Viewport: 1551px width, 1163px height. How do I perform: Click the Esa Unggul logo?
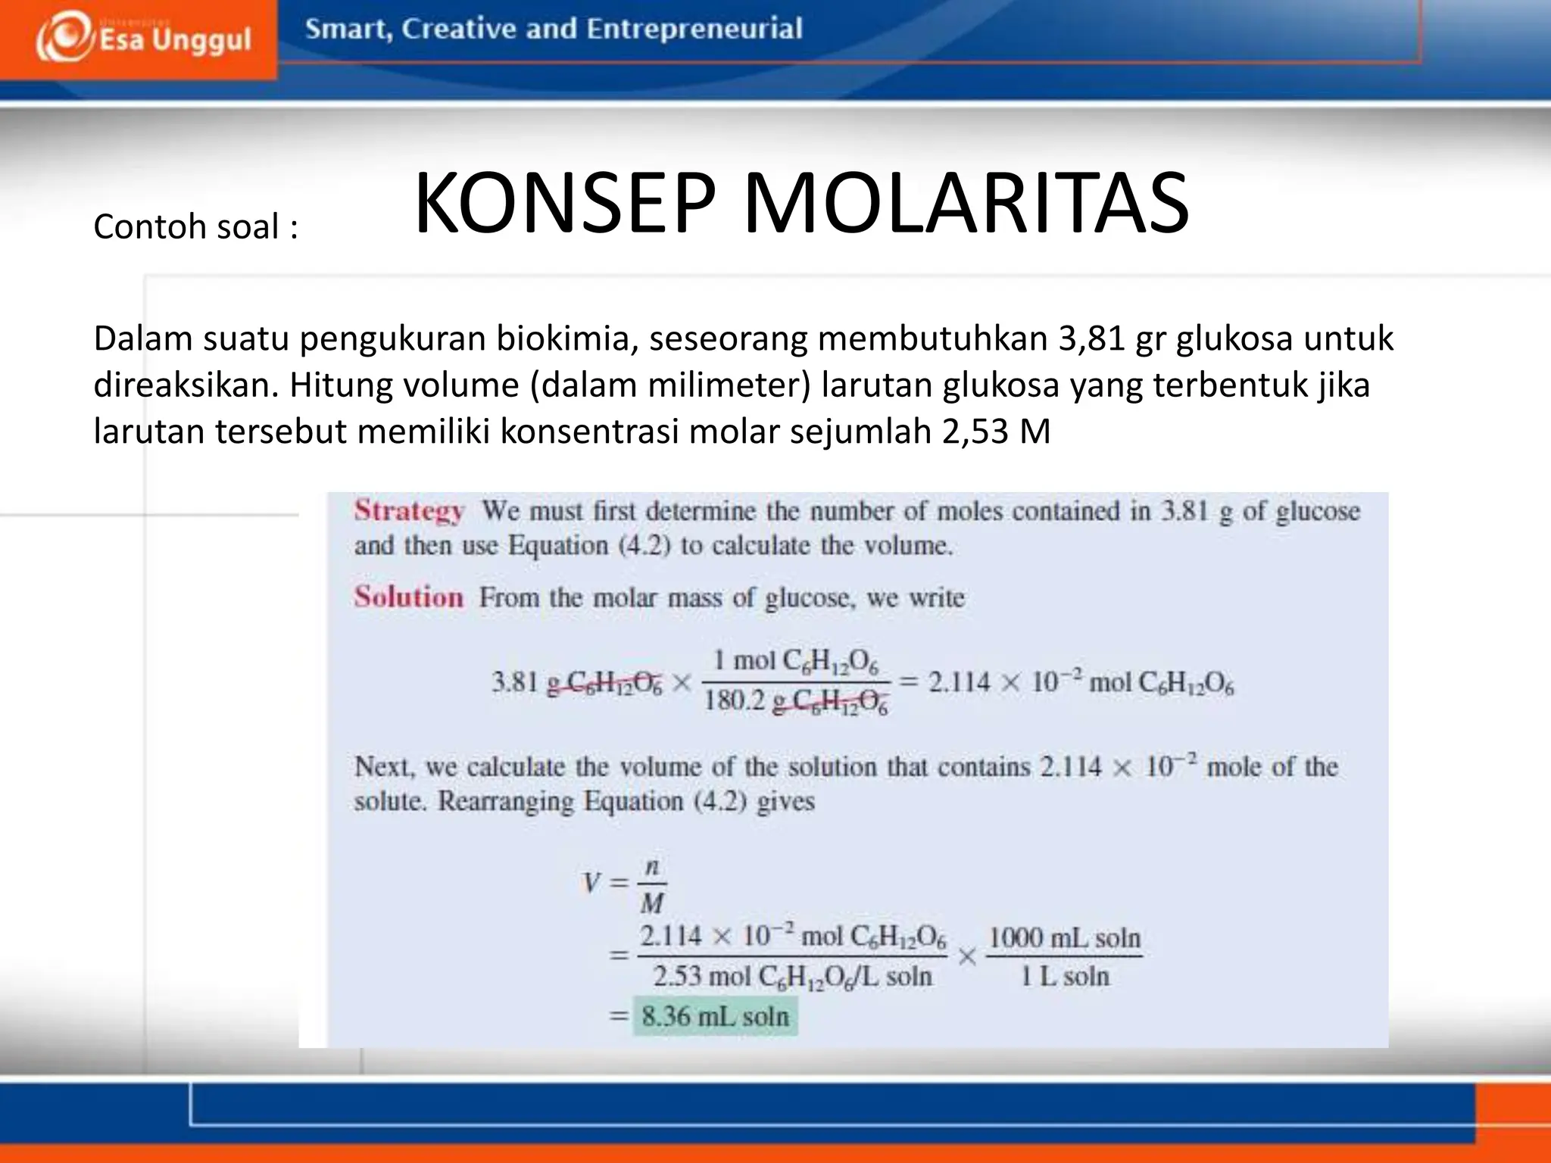pos(142,38)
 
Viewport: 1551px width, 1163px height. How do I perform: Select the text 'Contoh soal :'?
pos(195,226)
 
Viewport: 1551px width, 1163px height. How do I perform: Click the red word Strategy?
pos(409,511)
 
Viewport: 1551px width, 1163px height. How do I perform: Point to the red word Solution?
pos(408,597)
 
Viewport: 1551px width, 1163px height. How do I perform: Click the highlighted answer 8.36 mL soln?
pos(715,1016)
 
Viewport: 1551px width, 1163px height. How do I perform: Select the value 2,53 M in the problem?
pos(996,432)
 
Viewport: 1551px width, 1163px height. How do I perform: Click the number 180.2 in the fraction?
pos(735,700)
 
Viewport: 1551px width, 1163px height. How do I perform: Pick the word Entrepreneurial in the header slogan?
pos(694,29)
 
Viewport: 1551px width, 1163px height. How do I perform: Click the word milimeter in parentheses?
pos(729,385)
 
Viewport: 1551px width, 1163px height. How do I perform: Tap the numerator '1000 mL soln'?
pos(1064,938)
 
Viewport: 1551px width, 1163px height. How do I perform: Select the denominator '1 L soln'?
pos(1064,977)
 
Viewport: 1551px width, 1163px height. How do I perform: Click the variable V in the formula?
pos(591,883)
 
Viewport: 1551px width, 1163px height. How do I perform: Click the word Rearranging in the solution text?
pos(506,801)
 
